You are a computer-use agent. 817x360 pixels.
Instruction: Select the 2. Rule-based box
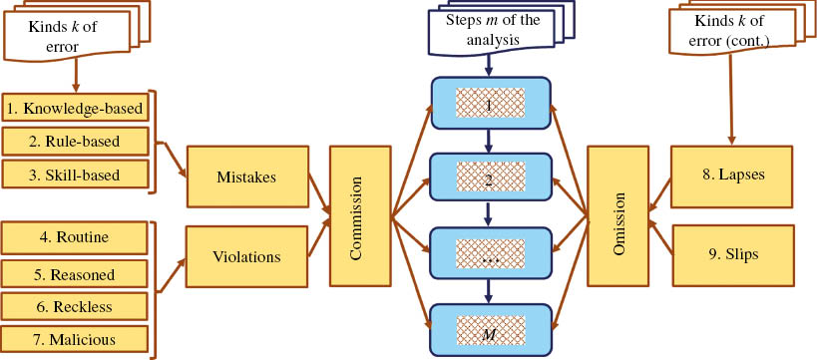click(75, 142)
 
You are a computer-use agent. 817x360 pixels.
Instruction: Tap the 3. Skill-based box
click(75, 176)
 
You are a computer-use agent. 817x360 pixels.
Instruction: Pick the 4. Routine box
click(75, 238)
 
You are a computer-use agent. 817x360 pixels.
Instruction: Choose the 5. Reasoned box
click(75, 273)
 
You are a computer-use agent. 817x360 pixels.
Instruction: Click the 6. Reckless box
click(75, 306)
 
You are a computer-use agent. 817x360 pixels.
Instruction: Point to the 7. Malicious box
click(75, 340)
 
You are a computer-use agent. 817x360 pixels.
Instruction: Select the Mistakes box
click(246, 177)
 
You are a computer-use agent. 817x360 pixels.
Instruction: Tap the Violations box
click(246, 255)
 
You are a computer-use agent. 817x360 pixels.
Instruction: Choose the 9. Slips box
click(731, 254)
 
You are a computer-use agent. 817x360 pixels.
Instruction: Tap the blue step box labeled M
click(490, 331)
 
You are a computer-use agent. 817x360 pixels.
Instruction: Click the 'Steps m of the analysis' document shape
click(490, 31)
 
